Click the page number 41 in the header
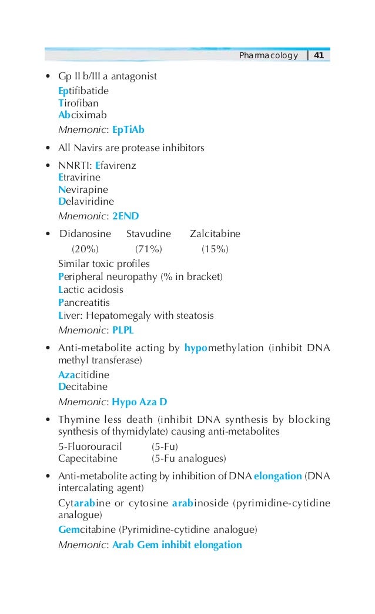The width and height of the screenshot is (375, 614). [319, 56]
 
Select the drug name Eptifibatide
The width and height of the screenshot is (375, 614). [83, 91]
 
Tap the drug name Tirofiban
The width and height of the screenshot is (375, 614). [78, 103]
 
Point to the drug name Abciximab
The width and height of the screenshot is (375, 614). [82, 115]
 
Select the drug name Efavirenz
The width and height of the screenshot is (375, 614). [115, 166]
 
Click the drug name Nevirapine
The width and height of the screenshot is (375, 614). [83, 190]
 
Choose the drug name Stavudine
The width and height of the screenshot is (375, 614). [148, 234]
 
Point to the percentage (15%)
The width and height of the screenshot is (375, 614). [215, 249]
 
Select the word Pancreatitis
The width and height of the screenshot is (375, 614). [84, 302]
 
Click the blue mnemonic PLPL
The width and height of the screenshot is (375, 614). [123, 329]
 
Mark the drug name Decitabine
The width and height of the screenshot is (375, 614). [83, 387]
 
